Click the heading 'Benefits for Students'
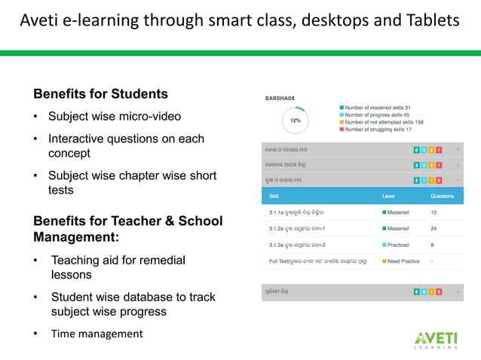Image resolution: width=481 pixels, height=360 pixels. (x=100, y=94)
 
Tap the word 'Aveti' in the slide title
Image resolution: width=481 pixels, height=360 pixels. (x=41, y=20)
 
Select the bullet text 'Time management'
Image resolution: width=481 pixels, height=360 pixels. (x=97, y=334)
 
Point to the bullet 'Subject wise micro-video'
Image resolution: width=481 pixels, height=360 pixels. (x=115, y=117)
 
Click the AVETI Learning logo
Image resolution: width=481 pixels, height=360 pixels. (x=435, y=340)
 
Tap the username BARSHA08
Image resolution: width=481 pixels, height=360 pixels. (x=280, y=98)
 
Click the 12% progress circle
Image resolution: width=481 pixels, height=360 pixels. (x=295, y=120)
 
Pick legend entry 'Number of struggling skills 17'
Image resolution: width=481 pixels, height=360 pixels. (x=378, y=129)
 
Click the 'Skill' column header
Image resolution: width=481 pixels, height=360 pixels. (x=274, y=196)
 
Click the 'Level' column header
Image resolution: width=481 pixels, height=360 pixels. (x=388, y=196)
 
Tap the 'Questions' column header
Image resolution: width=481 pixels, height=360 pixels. (x=442, y=196)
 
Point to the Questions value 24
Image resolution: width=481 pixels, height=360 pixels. (x=434, y=228)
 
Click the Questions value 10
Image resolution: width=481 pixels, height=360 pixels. (x=434, y=212)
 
